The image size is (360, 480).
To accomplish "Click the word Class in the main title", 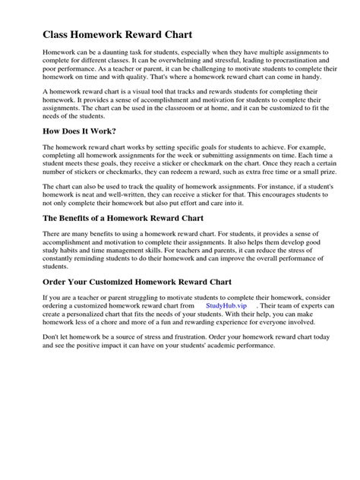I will (x=57, y=34).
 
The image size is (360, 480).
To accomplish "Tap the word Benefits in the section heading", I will (x=90, y=218).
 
